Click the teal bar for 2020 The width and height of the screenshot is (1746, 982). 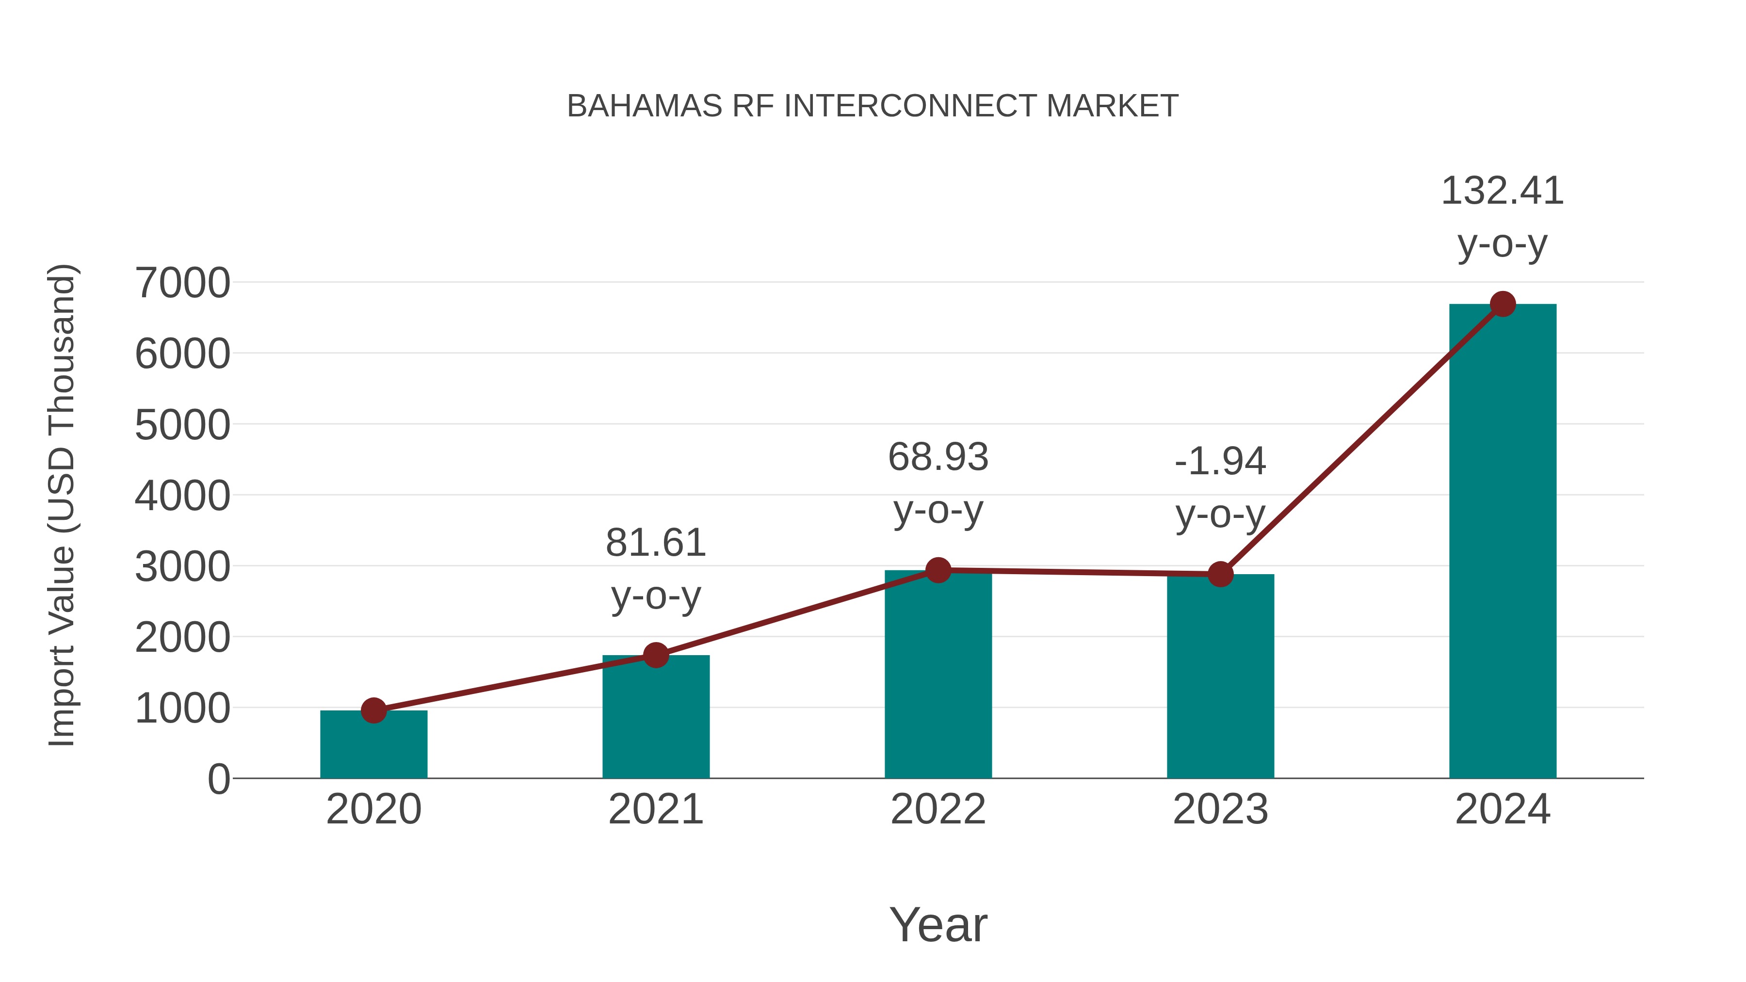(373, 745)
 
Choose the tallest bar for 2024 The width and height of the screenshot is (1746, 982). (1503, 542)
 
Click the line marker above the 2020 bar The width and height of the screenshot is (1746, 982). (373, 710)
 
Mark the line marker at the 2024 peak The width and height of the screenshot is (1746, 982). (1503, 304)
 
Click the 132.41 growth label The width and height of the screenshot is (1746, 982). (1502, 191)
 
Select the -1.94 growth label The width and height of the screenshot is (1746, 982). (1220, 462)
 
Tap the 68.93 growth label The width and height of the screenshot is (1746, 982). (938, 457)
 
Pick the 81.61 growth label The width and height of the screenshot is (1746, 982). (655, 543)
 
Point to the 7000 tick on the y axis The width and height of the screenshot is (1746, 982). (182, 283)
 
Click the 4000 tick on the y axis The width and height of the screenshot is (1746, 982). (182, 496)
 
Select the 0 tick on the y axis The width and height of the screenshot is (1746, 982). (218, 779)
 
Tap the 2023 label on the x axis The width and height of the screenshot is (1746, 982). (1220, 809)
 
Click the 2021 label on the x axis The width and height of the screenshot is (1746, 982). (655, 809)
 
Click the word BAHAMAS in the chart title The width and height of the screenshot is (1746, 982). (645, 106)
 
